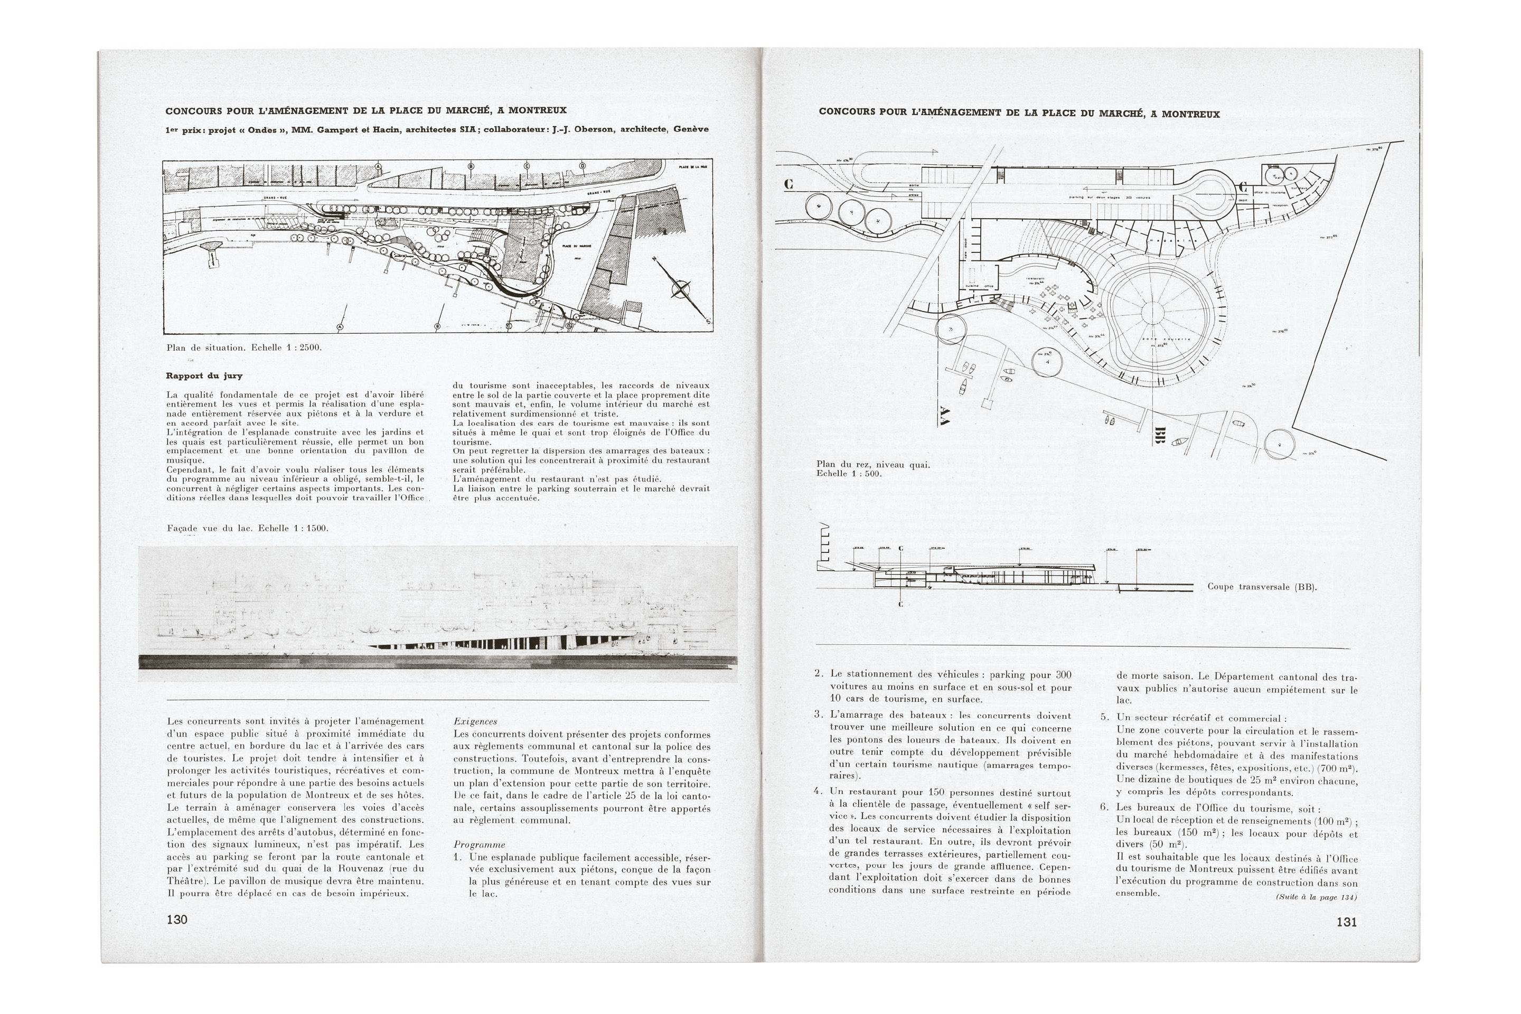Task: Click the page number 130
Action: click(176, 919)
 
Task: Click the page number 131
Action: click(1346, 922)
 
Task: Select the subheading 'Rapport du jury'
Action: click(204, 375)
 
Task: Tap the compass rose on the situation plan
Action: click(680, 288)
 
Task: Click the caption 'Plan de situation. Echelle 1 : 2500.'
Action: click(244, 348)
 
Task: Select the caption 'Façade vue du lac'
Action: click(247, 528)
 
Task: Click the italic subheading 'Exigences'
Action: click(475, 721)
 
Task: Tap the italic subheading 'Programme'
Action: click(479, 844)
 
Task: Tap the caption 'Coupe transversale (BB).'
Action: click(1262, 587)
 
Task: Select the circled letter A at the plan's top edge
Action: click(378, 167)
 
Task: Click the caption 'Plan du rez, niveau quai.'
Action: click(872, 464)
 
